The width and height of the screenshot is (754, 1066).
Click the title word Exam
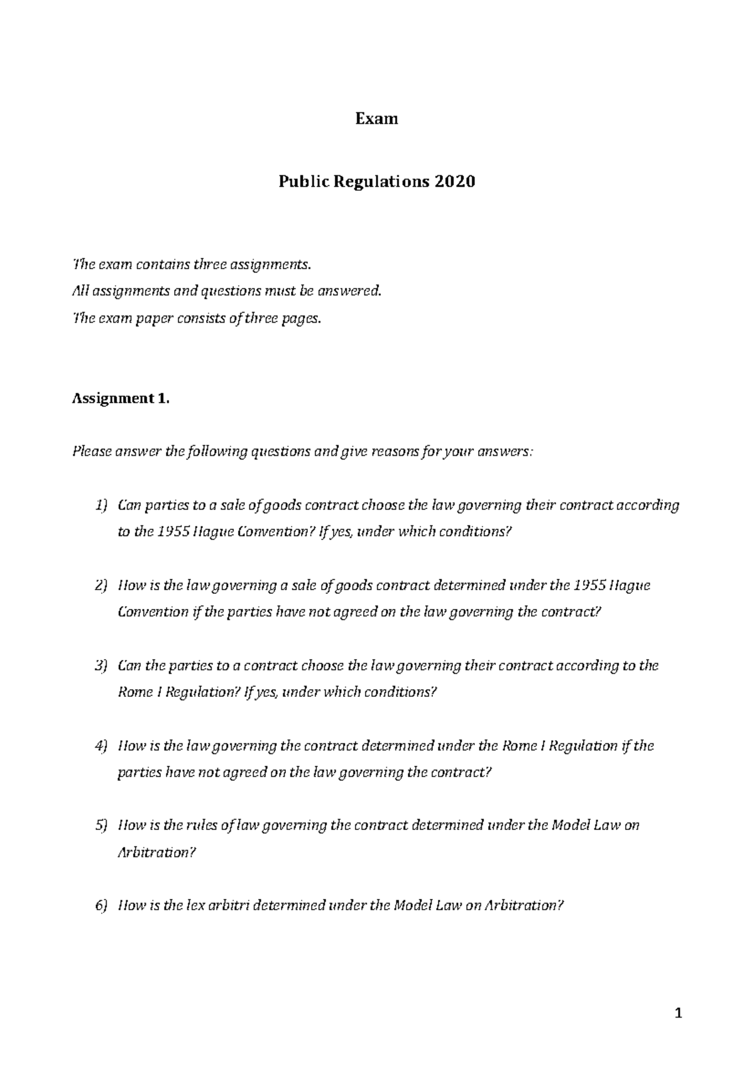[x=376, y=119]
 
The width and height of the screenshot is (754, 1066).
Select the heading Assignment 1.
[x=121, y=398]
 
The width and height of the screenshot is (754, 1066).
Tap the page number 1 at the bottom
[x=677, y=1013]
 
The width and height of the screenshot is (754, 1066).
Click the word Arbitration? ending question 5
[x=153, y=852]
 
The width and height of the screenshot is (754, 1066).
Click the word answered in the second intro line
[x=352, y=291]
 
